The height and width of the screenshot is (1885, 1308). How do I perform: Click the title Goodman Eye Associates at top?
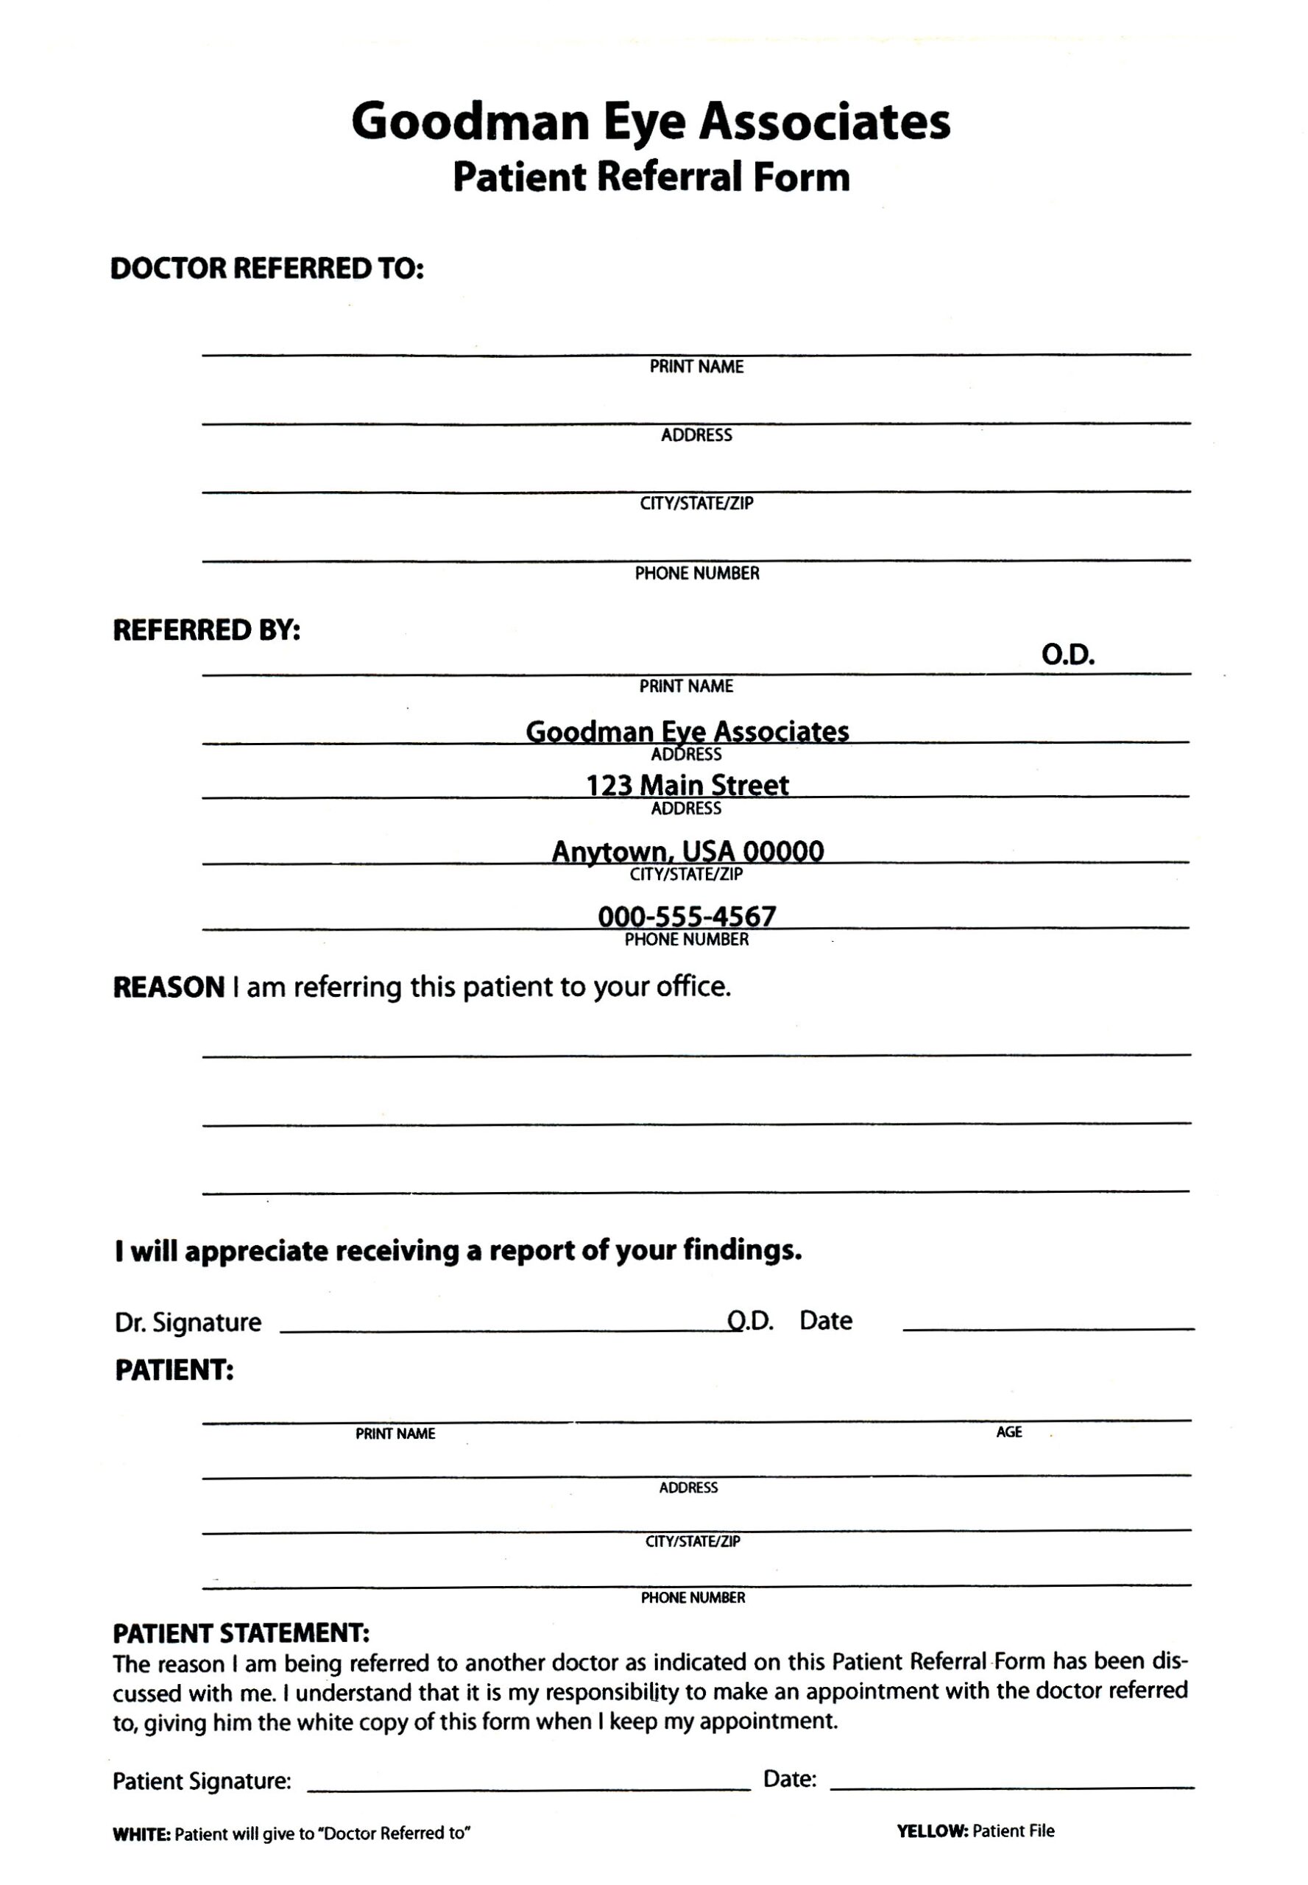click(651, 122)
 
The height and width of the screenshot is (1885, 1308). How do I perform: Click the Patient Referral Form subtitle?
click(651, 177)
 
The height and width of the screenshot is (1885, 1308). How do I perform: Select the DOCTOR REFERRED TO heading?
click(267, 268)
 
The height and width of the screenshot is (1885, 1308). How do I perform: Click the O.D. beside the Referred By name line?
click(1068, 655)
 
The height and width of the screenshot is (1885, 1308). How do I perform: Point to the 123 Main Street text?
click(687, 785)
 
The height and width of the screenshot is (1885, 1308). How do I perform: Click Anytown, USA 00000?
click(687, 850)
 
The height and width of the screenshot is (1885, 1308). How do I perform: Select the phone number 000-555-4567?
click(687, 916)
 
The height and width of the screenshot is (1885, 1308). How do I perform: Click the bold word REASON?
click(169, 987)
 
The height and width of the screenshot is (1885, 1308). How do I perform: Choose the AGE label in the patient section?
click(1009, 1431)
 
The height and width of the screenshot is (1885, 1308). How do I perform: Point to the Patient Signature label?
click(202, 1781)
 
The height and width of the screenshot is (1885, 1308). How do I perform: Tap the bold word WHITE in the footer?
click(141, 1834)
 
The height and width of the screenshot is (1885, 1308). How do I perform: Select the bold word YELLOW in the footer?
click(933, 1831)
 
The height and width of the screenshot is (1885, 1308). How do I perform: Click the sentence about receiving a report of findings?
click(458, 1250)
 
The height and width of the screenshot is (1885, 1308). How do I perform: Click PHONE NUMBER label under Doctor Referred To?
click(696, 573)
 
